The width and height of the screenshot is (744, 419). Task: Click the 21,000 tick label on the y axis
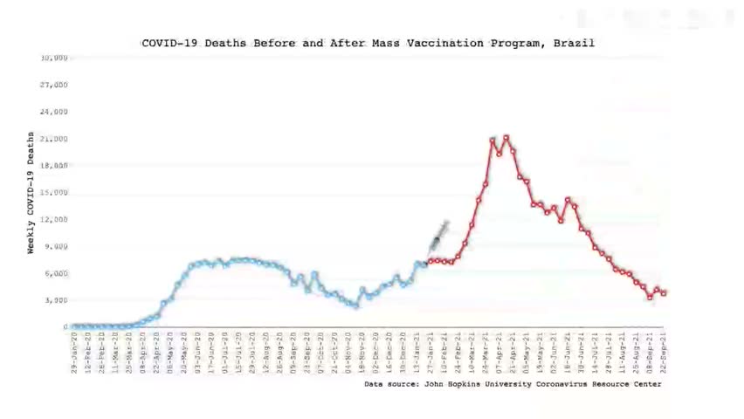(x=54, y=139)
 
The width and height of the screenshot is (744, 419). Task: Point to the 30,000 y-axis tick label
(x=54, y=58)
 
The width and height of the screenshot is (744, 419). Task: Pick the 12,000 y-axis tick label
(x=54, y=219)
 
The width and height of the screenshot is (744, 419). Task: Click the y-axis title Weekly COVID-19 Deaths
(x=31, y=193)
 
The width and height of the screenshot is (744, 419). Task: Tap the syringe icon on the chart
(x=438, y=237)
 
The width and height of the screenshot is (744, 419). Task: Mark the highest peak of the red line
(x=506, y=137)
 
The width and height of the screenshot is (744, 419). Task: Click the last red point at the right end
(x=665, y=293)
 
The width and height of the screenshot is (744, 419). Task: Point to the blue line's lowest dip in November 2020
(x=355, y=306)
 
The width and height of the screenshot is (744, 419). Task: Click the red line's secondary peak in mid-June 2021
(x=568, y=200)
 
